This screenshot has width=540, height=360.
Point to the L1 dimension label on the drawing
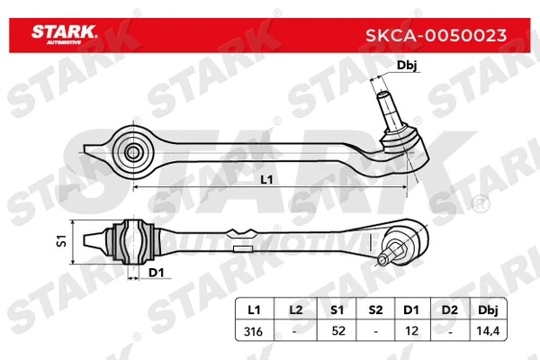(x=266, y=180)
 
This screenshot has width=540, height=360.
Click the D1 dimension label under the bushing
(x=155, y=272)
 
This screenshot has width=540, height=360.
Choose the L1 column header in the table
(x=254, y=310)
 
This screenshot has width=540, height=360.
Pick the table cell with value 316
(x=254, y=330)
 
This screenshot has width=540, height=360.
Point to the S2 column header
(x=376, y=310)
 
